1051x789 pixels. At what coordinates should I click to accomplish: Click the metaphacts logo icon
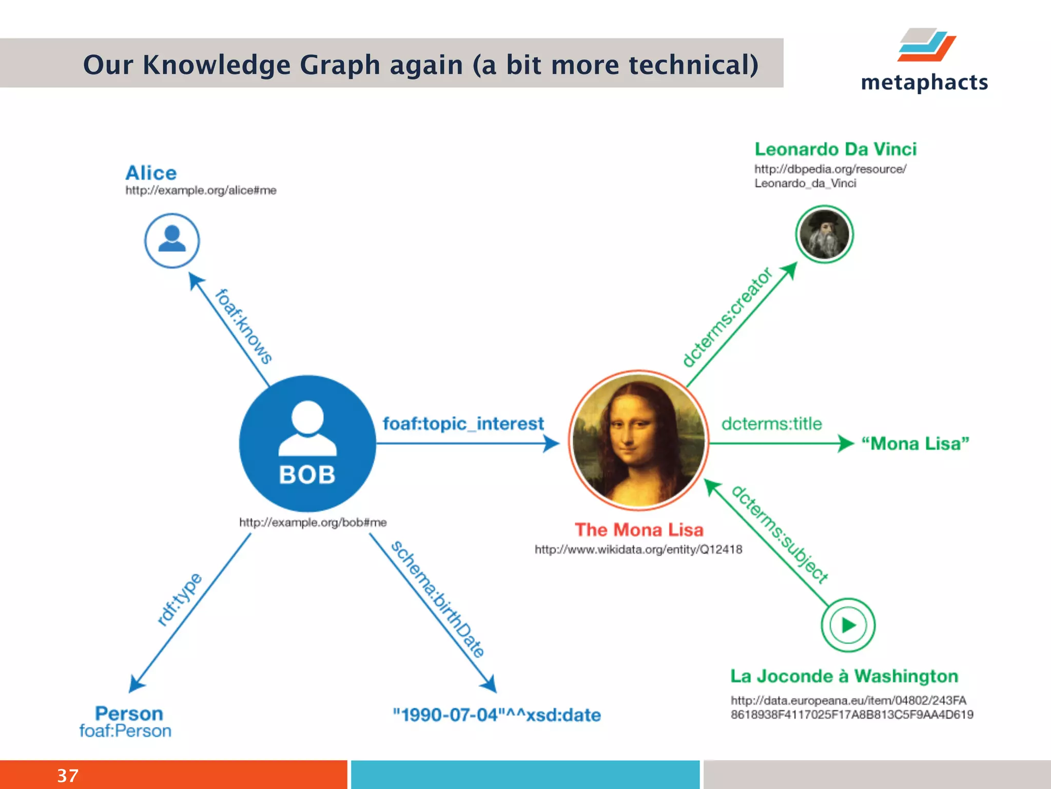coord(927,45)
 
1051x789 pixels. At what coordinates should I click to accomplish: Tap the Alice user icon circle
coord(172,240)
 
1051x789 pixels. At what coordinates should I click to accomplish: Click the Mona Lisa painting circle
coord(638,441)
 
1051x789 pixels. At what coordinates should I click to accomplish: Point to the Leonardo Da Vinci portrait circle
coord(824,234)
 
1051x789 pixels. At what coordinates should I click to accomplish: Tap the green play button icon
coord(848,625)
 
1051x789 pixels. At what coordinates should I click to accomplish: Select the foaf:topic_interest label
coord(463,424)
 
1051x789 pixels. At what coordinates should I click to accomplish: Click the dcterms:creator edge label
coord(727,317)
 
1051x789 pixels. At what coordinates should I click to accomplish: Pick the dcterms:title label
coord(771,424)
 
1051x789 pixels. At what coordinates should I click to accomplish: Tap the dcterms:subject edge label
coord(779,534)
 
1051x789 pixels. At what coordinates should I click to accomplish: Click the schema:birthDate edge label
coord(438,599)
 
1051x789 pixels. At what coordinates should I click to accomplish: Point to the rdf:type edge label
coord(180,599)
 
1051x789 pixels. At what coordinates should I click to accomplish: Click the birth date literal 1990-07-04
coord(496,715)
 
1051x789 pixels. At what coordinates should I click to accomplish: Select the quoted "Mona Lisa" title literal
coord(915,443)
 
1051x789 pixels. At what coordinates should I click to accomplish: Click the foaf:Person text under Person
coord(125,731)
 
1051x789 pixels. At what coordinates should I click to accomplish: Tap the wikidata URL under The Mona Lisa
coord(638,550)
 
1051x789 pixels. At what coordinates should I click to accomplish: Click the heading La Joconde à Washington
coord(844,676)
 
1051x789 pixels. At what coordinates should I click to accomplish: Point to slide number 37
coord(68,776)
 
